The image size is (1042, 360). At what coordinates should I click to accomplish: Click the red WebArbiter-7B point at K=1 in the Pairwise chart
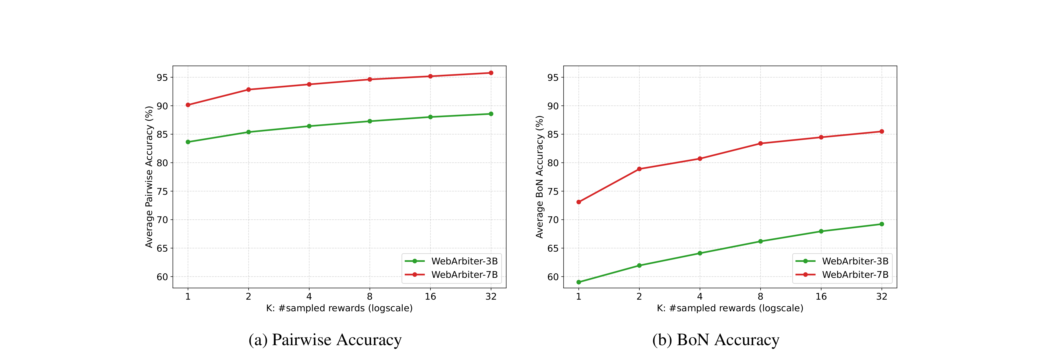coord(188,105)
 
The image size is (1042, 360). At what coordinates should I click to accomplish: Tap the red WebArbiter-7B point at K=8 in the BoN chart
coord(760,143)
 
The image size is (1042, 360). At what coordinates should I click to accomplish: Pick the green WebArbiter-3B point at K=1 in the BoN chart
coord(578,282)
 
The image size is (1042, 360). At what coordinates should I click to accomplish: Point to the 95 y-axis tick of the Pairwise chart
coord(162,77)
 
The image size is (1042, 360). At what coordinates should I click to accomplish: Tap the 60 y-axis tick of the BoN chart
coord(553,277)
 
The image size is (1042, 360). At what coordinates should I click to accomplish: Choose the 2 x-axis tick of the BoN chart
coord(639,296)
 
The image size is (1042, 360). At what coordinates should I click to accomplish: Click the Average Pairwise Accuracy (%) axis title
coord(149,177)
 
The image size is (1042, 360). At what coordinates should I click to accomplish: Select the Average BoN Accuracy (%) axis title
coord(540,177)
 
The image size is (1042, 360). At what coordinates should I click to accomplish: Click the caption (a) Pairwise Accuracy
coord(325,340)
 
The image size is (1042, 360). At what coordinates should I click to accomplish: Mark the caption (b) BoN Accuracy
coord(716,340)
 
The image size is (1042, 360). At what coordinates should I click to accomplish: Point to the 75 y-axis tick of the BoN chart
coord(553,191)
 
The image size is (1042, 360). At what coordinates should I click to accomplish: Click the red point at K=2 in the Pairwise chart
coord(248,89)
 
